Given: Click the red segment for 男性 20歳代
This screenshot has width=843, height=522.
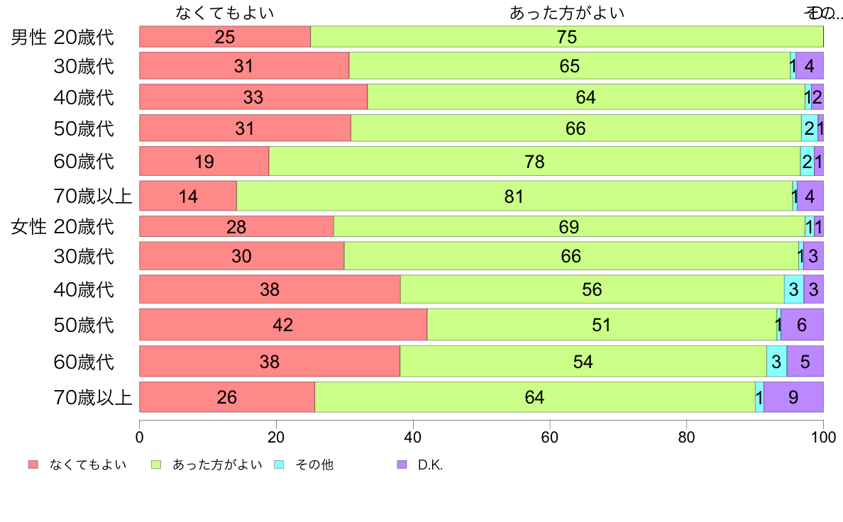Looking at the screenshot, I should pyautogui.click(x=224, y=37).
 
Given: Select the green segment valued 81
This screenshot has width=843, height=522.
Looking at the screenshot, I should pyautogui.click(x=514, y=196).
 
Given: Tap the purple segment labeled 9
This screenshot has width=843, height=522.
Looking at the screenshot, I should pyautogui.click(x=793, y=397).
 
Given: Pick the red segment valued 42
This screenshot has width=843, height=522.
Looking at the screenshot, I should pyautogui.click(x=282, y=325).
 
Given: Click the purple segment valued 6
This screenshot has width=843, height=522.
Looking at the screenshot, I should pyautogui.click(x=801, y=325).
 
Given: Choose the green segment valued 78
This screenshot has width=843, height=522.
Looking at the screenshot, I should pyautogui.click(x=534, y=162).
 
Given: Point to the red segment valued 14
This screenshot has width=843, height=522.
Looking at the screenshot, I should pyautogui.click(x=188, y=196).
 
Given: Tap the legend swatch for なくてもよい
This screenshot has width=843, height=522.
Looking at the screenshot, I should pyautogui.click(x=33, y=465).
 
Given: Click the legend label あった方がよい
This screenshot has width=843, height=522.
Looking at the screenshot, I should pyautogui.click(x=217, y=465).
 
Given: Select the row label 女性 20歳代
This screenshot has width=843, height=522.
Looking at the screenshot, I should pyautogui.click(x=62, y=227).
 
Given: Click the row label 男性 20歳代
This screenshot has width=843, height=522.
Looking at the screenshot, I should pyautogui.click(x=62, y=37).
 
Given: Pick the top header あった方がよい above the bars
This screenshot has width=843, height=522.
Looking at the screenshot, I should pyautogui.click(x=567, y=13).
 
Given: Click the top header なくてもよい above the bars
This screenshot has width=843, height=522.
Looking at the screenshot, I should pyautogui.click(x=224, y=13).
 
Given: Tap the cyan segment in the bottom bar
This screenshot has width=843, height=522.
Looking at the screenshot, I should pyautogui.click(x=759, y=397).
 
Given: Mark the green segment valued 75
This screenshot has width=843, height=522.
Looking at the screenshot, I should pyautogui.click(x=566, y=37).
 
